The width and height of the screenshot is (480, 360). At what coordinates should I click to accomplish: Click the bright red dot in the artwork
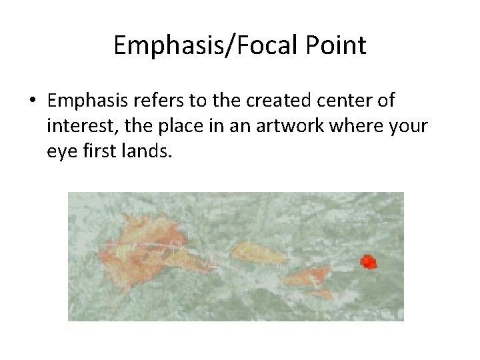tap(368, 262)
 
